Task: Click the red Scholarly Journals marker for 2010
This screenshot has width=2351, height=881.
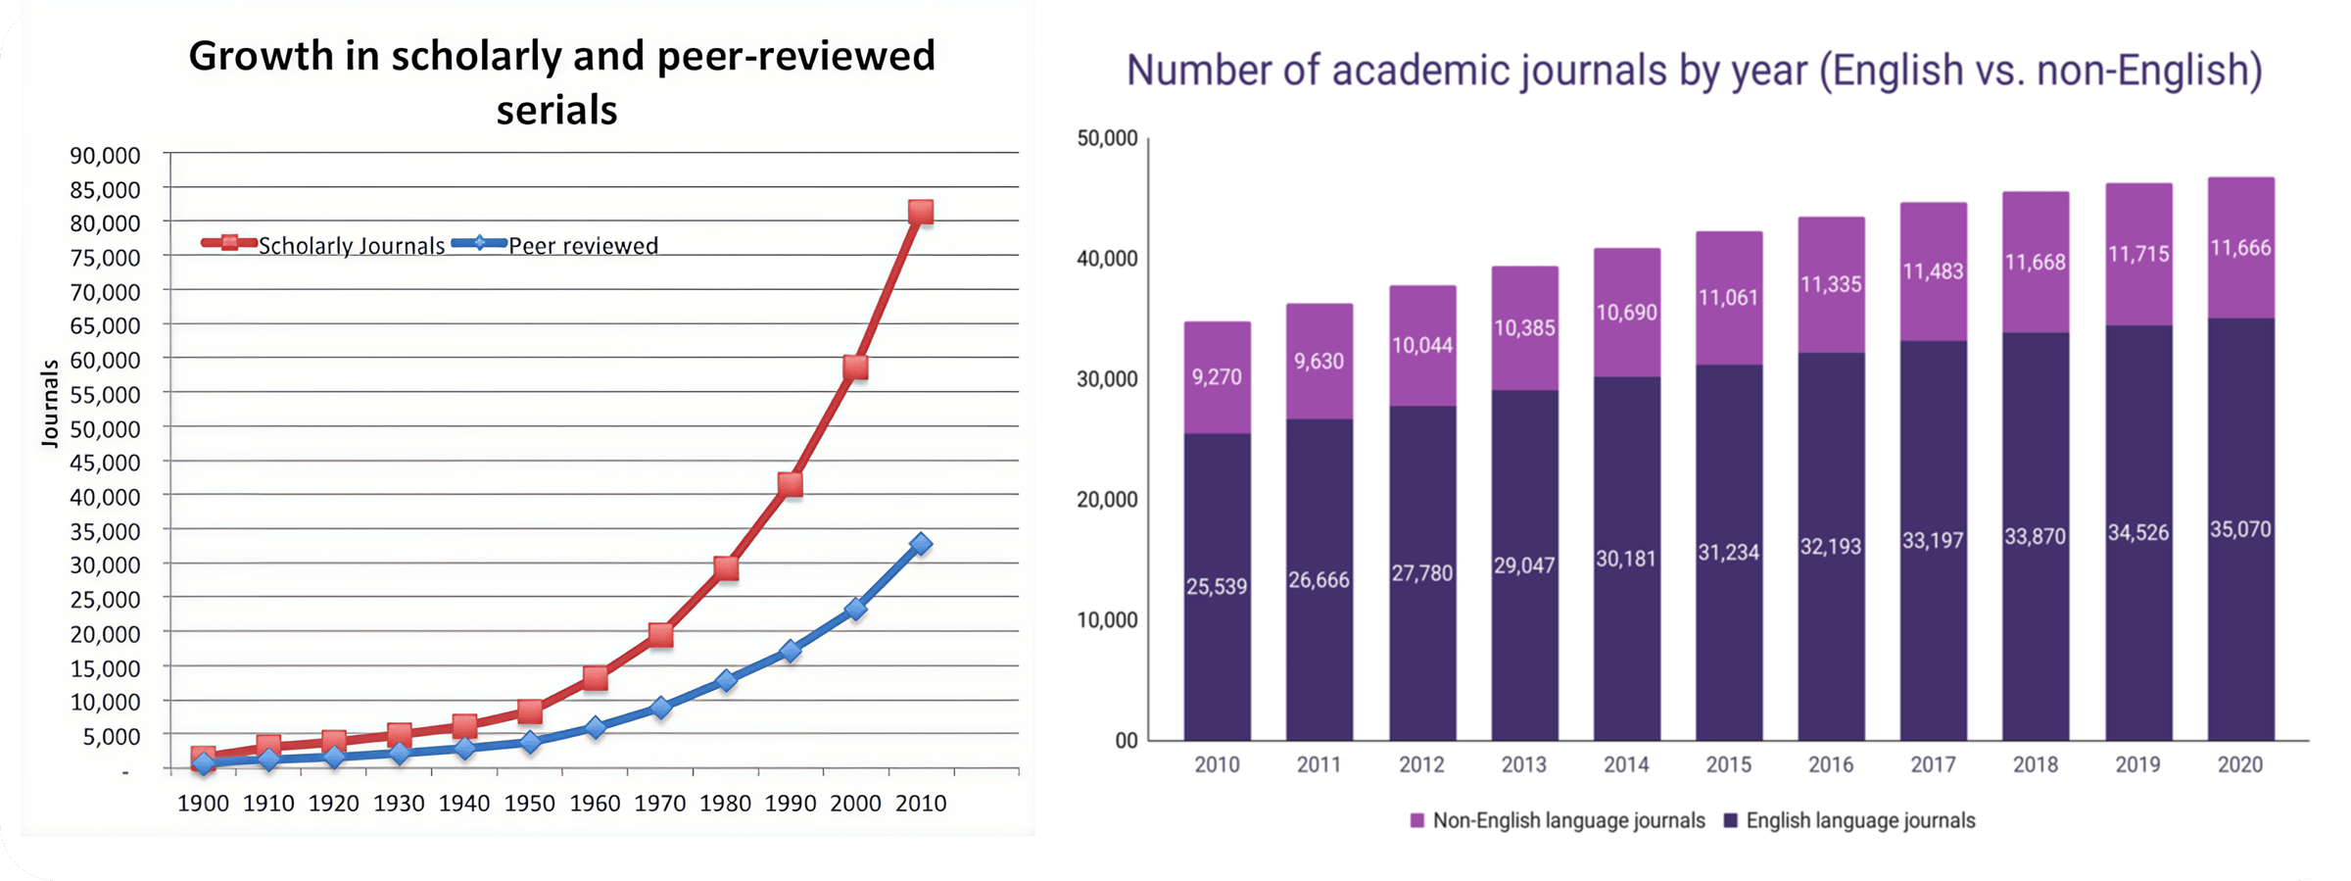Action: tap(920, 212)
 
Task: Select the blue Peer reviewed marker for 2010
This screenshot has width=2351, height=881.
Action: tap(920, 544)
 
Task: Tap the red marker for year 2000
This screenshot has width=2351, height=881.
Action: tap(855, 367)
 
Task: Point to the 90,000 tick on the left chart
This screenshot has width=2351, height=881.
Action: tap(105, 155)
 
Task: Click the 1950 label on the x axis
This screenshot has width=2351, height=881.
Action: tap(529, 804)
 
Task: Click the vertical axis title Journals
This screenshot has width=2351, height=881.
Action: tap(49, 404)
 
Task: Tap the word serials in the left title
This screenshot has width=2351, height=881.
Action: tap(556, 110)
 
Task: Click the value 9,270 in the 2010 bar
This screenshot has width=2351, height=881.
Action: tap(1217, 377)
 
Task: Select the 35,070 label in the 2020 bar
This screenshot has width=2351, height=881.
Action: tap(2240, 529)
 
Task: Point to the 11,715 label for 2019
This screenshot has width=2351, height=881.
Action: tap(2138, 254)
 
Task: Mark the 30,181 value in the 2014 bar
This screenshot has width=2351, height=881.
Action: tap(1626, 559)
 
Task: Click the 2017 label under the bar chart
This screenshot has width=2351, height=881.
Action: tap(1933, 764)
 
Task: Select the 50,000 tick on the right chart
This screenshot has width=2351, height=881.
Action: tap(1107, 138)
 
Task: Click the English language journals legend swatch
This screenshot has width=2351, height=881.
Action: tap(1731, 820)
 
